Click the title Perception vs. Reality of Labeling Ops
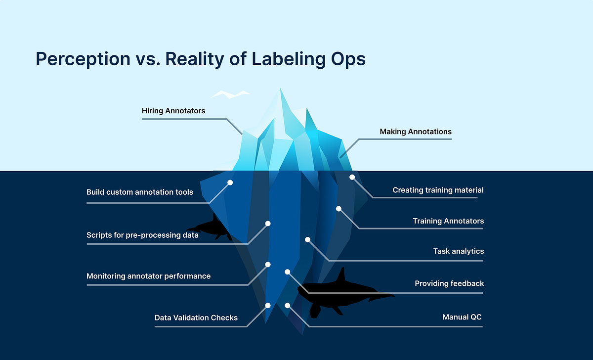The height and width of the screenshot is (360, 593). [201, 59]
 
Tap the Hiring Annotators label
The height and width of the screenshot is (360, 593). [173, 111]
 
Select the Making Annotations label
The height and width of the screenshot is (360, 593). [416, 132]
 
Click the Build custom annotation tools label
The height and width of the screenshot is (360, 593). [139, 192]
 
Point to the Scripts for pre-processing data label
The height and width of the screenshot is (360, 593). [142, 235]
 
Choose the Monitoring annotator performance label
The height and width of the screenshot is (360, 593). [148, 276]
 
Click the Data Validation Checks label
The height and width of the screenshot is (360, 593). [196, 317]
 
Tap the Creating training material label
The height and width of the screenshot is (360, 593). [438, 190]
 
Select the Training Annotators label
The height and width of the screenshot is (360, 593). [448, 221]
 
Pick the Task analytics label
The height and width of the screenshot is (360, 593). [458, 251]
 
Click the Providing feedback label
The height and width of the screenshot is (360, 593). [449, 283]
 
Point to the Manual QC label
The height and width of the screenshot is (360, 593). [462, 317]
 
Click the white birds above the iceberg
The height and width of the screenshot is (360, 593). [230, 94]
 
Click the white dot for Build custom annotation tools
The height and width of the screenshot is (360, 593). [230, 182]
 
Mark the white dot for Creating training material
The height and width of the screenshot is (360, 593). [352, 177]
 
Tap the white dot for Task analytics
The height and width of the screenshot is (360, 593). [307, 239]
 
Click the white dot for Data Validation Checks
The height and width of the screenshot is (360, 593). [268, 306]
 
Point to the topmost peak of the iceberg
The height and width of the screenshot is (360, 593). [281, 89]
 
